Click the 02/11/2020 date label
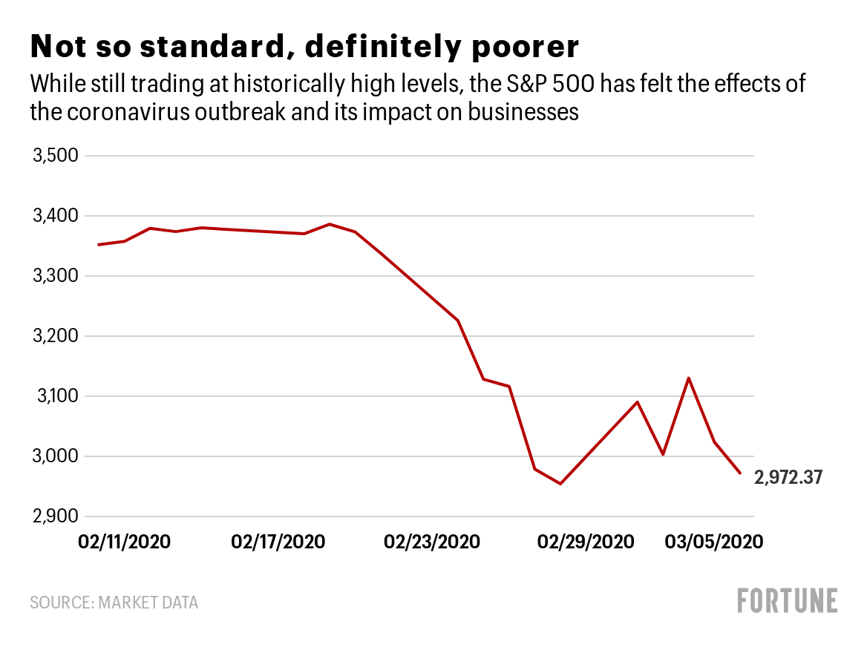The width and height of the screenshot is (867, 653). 125,542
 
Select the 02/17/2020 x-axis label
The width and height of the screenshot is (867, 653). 278,542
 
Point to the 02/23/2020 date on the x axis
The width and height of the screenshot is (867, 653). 431,542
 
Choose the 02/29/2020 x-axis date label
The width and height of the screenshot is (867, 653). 586,542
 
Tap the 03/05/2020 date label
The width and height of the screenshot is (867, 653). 713,542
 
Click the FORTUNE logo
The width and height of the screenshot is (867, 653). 788,600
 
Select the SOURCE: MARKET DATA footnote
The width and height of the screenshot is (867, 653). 114,603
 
